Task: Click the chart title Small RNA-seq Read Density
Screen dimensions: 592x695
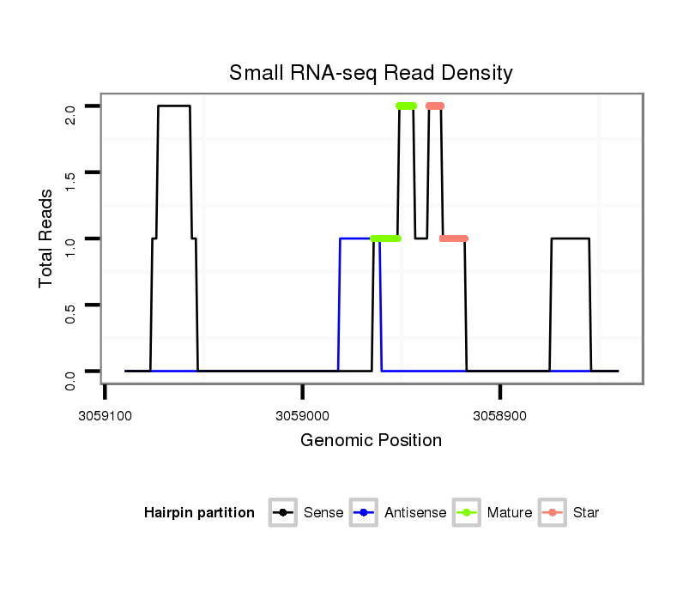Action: pyautogui.click(x=371, y=73)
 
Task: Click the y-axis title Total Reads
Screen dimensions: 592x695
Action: pyautogui.click(x=47, y=238)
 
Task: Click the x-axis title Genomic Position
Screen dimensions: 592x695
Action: pyautogui.click(x=371, y=441)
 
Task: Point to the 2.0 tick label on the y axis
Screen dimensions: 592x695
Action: pyautogui.click(x=70, y=113)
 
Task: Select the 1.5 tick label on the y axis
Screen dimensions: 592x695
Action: pyautogui.click(x=70, y=179)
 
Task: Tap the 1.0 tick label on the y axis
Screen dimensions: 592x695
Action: pyautogui.click(x=70, y=245)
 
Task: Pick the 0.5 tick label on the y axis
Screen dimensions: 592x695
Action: pyautogui.click(x=70, y=311)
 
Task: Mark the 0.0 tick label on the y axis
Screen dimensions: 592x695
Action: pyautogui.click(x=70, y=378)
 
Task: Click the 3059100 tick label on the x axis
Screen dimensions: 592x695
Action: pyautogui.click(x=105, y=414)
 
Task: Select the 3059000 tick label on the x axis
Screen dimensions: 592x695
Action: pyautogui.click(x=303, y=414)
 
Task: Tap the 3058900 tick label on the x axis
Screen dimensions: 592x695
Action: pyautogui.click(x=500, y=414)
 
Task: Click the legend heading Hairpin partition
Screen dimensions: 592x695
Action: pyautogui.click(x=199, y=513)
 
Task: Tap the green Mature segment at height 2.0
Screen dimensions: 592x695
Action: pyautogui.click(x=406, y=106)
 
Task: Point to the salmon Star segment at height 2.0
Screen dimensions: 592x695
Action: pyautogui.click(x=435, y=106)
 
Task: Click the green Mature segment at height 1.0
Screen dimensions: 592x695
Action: pyautogui.click(x=385, y=239)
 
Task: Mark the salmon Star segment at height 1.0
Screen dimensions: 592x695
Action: pyautogui.click(x=454, y=239)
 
